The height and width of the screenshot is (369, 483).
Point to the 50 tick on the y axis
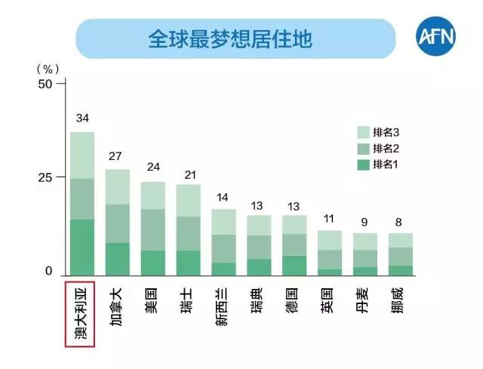(x=45, y=84)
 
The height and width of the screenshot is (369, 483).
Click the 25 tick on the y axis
(x=45, y=177)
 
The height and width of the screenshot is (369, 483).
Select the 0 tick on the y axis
(x=48, y=272)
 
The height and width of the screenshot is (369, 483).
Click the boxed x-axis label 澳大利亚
(x=80, y=314)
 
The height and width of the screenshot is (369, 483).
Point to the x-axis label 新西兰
(x=223, y=308)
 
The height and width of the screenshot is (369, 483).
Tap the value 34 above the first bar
(x=82, y=118)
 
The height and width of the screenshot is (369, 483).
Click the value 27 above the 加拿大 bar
(x=117, y=156)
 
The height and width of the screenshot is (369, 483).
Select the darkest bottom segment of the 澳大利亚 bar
(x=82, y=247)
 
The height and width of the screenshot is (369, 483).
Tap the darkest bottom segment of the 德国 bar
(x=294, y=265)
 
